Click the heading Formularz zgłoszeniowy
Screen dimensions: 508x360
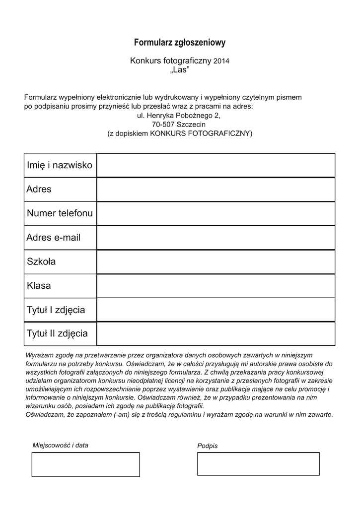point(180,43)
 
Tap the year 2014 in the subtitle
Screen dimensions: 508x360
point(221,61)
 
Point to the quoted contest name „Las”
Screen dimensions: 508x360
point(180,70)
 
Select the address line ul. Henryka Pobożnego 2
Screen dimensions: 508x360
point(178,115)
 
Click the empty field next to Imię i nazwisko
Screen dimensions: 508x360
point(216,165)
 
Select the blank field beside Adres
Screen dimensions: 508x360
point(216,190)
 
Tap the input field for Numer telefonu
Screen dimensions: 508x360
point(216,213)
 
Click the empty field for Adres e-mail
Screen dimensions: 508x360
point(216,238)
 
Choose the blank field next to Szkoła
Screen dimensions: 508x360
point(216,261)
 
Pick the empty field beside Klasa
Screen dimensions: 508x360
point(216,286)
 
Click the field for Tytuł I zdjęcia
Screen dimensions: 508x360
point(216,310)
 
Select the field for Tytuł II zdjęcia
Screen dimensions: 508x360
point(216,333)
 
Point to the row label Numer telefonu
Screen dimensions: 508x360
point(60,213)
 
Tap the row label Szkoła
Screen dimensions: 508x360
point(41,261)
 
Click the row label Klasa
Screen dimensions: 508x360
point(39,286)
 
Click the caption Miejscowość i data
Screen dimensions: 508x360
point(60,445)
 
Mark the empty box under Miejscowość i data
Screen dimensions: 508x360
point(85,464)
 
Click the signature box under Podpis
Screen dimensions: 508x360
point(258,464)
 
